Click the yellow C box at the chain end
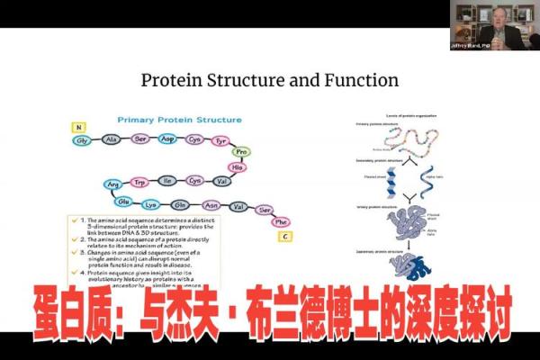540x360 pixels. pos(285,237)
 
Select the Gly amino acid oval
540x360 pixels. pos(82,141)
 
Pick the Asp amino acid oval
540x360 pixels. pos(166,141)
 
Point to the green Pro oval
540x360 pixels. pos(240,152)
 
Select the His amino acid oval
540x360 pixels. pos(238,167)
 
